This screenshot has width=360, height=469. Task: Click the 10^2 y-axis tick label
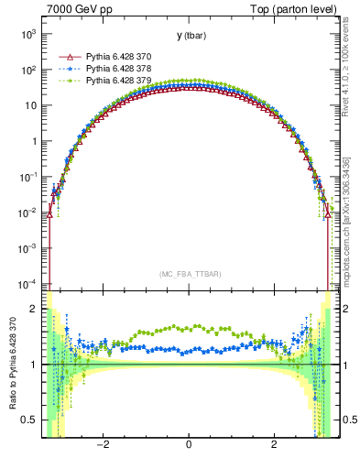click(x=27, y=70)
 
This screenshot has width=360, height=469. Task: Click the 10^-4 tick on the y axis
click(x=27, y=284)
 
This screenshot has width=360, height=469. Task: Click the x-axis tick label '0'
click(x=189, y=445)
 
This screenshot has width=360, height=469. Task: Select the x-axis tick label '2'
click(x=274, y=445)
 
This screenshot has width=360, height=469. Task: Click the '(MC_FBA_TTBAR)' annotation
click(x=189, y=274)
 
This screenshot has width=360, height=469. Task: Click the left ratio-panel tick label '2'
click(x=35, y=310)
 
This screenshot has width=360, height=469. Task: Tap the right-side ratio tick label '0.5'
click(x=344, y=420)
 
